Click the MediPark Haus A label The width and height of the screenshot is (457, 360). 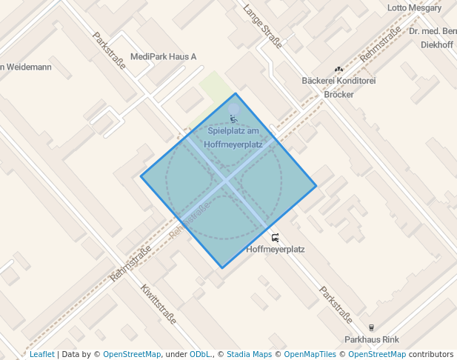pyautogui.click(x=163, y=57)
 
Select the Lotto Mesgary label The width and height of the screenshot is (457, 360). pyautogui.click(x=414, y=8)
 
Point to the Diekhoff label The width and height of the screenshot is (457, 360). pyautogui.click(x=436, y=44)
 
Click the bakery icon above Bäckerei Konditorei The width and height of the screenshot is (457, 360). pyautogui.click(x=338, y=69)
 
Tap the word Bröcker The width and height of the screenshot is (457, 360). pyautogui.click(x=338, y=94)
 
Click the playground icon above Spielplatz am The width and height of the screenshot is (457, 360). pyautogui.click(x=234, y=119)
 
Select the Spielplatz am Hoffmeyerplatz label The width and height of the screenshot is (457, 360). pyautogui.click(x=233, y=138)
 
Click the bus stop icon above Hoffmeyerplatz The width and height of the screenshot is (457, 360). pyautogui.click(x=276, y=238)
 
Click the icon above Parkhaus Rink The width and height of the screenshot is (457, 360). pyautogui.click(x=372, y=327)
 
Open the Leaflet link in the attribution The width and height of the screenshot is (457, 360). pyautogui.click(x=41, y=354)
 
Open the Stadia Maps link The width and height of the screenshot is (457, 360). pyautogui.click(x=249, y=354)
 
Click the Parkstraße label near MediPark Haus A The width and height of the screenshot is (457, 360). pyautogui.click(x=110, y=50)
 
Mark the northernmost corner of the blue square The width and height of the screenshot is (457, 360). pyautogui.click(x=236, y=93)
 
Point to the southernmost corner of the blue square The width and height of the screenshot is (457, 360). pyautogui.click(x=221, y=268)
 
